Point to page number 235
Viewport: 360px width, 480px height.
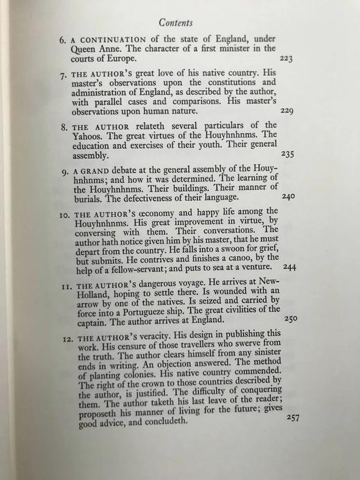pos(288,154)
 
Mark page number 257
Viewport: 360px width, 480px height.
pos(294,419)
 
